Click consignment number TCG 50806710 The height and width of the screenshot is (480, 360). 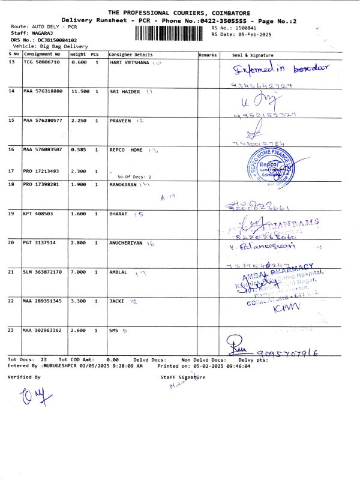point(41,62)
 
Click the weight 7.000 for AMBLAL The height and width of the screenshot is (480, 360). point(79,272)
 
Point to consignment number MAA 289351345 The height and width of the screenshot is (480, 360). point(43,301)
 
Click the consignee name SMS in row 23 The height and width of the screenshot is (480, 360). point(114,331)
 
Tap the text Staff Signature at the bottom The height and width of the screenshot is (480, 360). point(183,377)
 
